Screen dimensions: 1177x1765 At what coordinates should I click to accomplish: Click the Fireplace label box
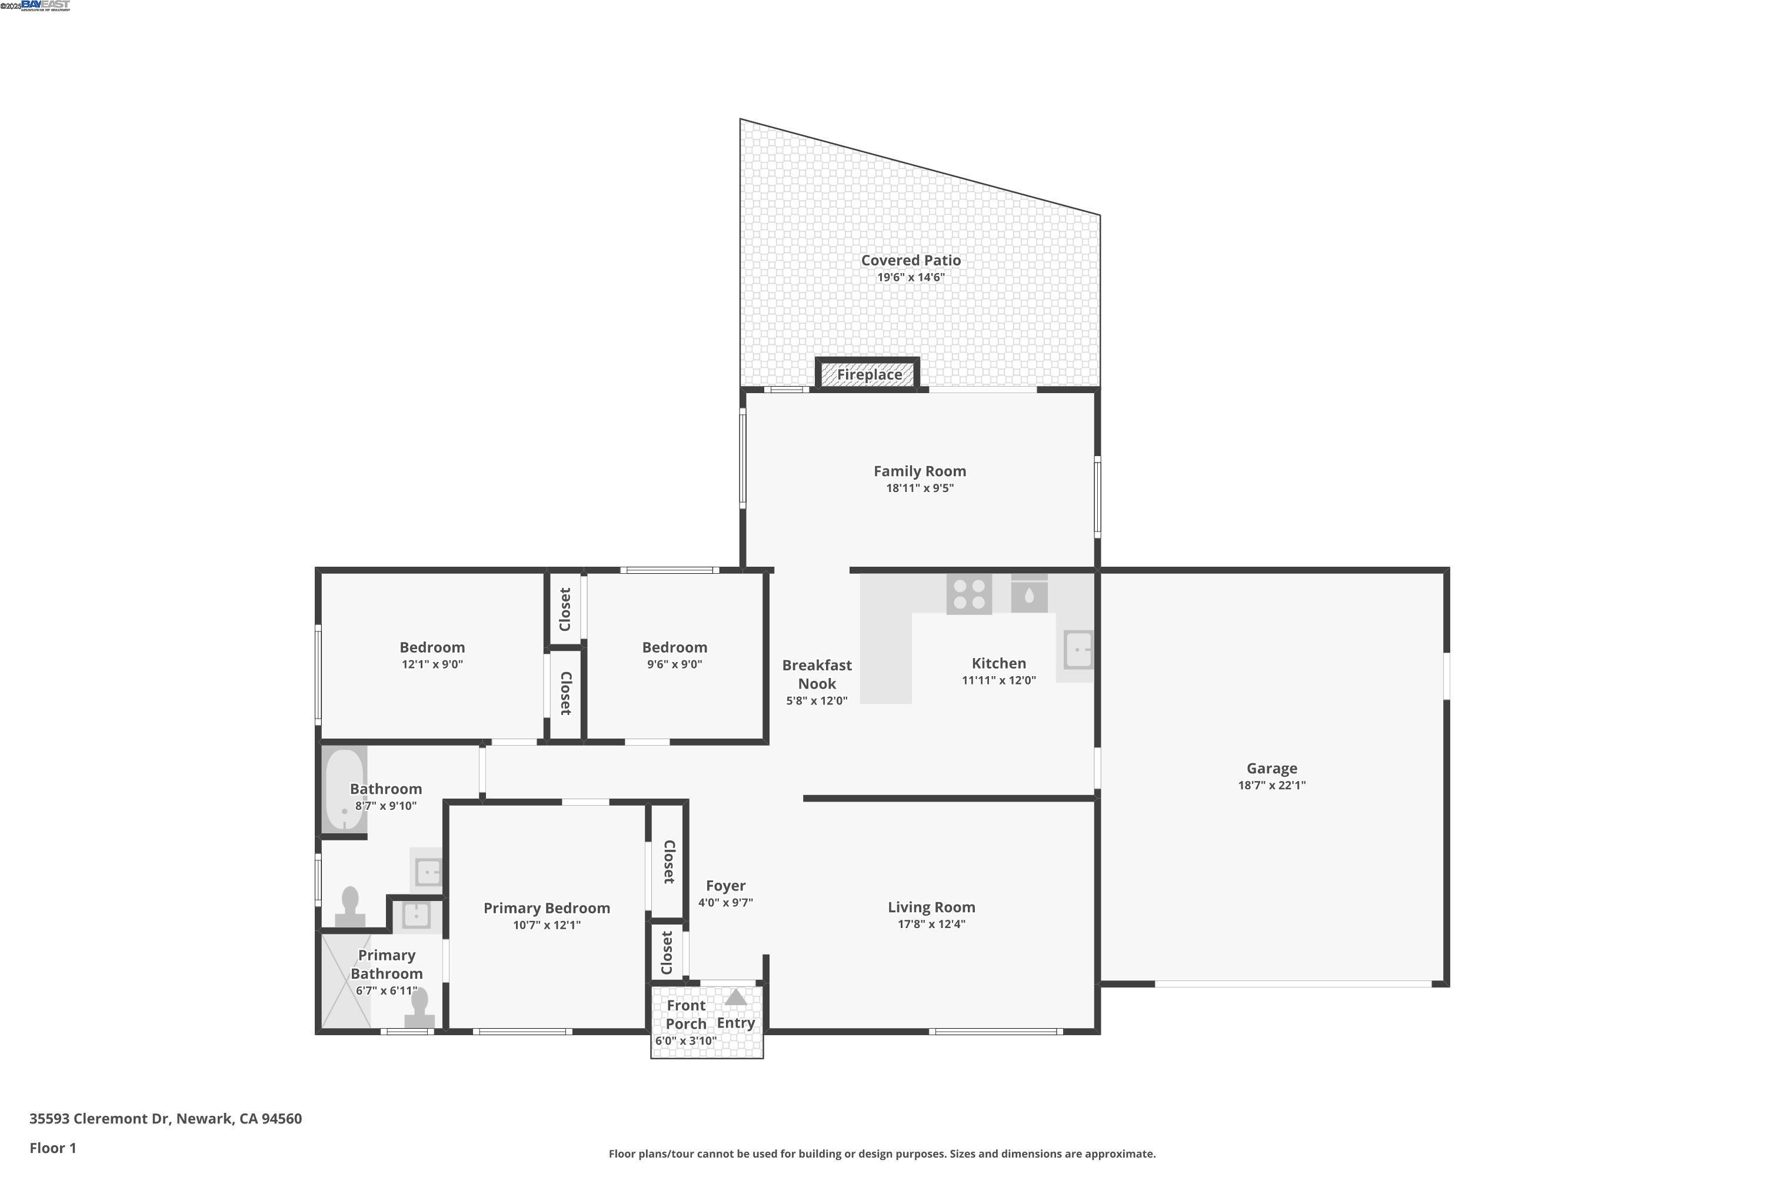tap(869, 374)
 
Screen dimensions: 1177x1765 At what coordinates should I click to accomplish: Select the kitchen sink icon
tap(1078, 649)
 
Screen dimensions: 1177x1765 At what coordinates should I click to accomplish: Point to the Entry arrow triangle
tap(735, 997)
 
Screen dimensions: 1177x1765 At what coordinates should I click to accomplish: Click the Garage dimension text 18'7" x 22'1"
tap(1272, 785)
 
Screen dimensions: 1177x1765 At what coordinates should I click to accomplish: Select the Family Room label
tap(919, 471)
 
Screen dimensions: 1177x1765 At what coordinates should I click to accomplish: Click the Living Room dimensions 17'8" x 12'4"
tap(931, 924)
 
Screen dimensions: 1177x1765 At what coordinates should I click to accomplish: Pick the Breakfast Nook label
tap(817, 674)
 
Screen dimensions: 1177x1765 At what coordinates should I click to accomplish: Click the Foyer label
tap(725, 886)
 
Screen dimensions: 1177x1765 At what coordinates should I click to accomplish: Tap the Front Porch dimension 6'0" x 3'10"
tap(685, 1041)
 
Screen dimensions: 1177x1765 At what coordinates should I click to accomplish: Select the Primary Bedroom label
tap(547, 908)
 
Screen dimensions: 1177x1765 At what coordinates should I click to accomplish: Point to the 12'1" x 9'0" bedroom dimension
tap(432, 664)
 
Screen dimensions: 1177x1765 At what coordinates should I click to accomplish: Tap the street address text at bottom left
tap(165, 1119)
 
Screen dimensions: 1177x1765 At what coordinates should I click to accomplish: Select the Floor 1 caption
tap(52, 1148)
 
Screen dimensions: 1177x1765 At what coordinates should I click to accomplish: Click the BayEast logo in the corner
tap(45, 5)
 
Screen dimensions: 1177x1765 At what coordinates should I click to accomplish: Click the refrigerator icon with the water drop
tap(1029, 594)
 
